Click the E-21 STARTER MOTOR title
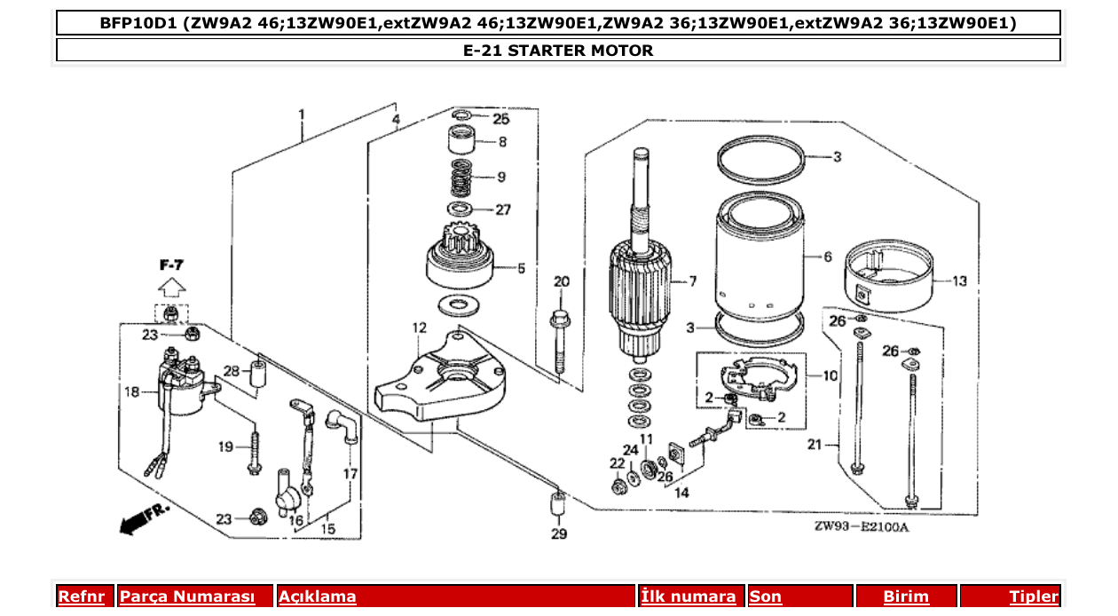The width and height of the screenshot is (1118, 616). [x=558, y=51]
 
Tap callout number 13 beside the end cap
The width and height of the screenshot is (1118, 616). [x=959, y=281]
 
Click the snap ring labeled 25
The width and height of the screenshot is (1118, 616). [x=461, y=117]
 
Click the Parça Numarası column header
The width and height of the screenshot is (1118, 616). [x=186, y=597]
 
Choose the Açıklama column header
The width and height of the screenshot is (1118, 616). [x=317, y=597]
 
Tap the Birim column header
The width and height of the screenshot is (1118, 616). [x=905, y=597]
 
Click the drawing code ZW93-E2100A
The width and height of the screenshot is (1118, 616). [x=862, y=527]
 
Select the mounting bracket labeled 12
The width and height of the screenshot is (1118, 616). [x=440, y=377]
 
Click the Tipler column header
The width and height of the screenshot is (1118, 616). [x=1033, y=597]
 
